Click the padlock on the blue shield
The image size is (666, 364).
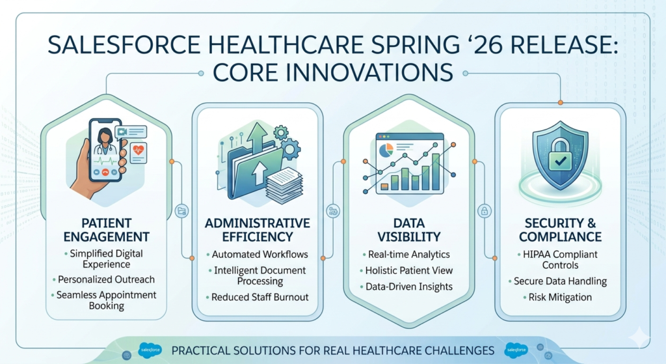tap(560, 154)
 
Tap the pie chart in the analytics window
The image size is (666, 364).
tap(386, 150)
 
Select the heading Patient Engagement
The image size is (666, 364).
tap(106, 230)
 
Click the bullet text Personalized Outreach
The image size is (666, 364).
tap(106, 279)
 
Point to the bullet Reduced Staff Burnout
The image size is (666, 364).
tap(260, 297)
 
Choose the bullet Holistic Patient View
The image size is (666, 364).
tap(409, 270)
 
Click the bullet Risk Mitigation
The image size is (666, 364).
tap(560, 297)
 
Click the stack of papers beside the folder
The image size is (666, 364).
tap(284, 185)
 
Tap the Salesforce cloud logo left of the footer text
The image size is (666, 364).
tap(150, 350)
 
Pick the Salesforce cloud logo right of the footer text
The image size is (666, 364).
tap(516, 350)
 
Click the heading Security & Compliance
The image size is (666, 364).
tap(560, 230)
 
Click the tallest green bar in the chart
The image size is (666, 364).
tap(435, 171)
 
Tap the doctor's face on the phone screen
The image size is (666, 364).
tap(104, 137)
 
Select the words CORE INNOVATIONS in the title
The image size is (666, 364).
tap(332, 72)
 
